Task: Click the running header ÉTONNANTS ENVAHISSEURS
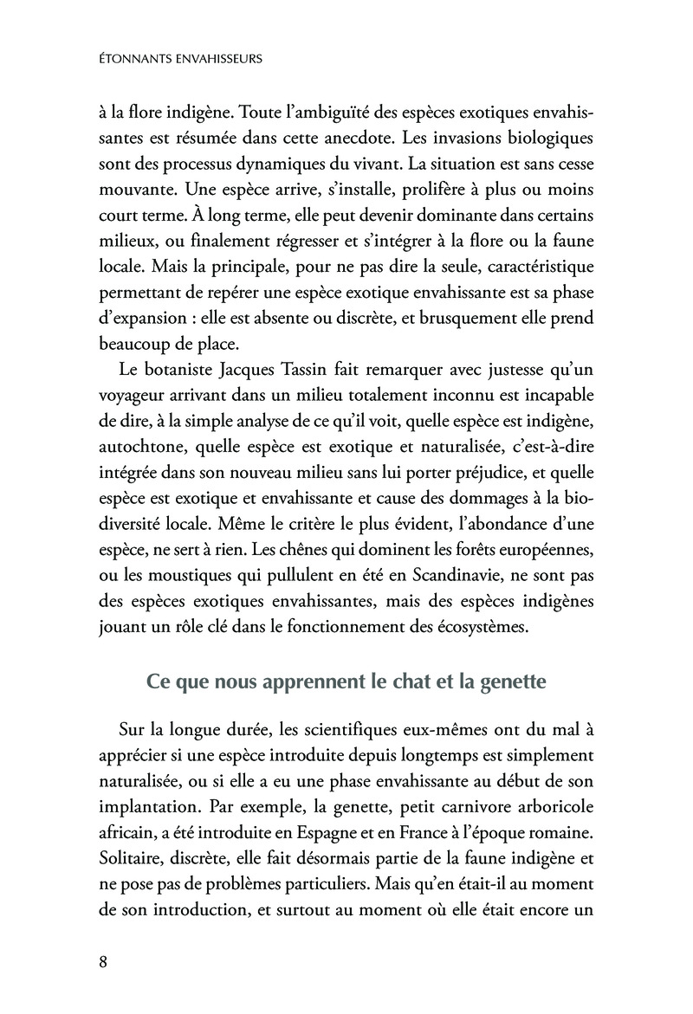(x=183, y=61)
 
